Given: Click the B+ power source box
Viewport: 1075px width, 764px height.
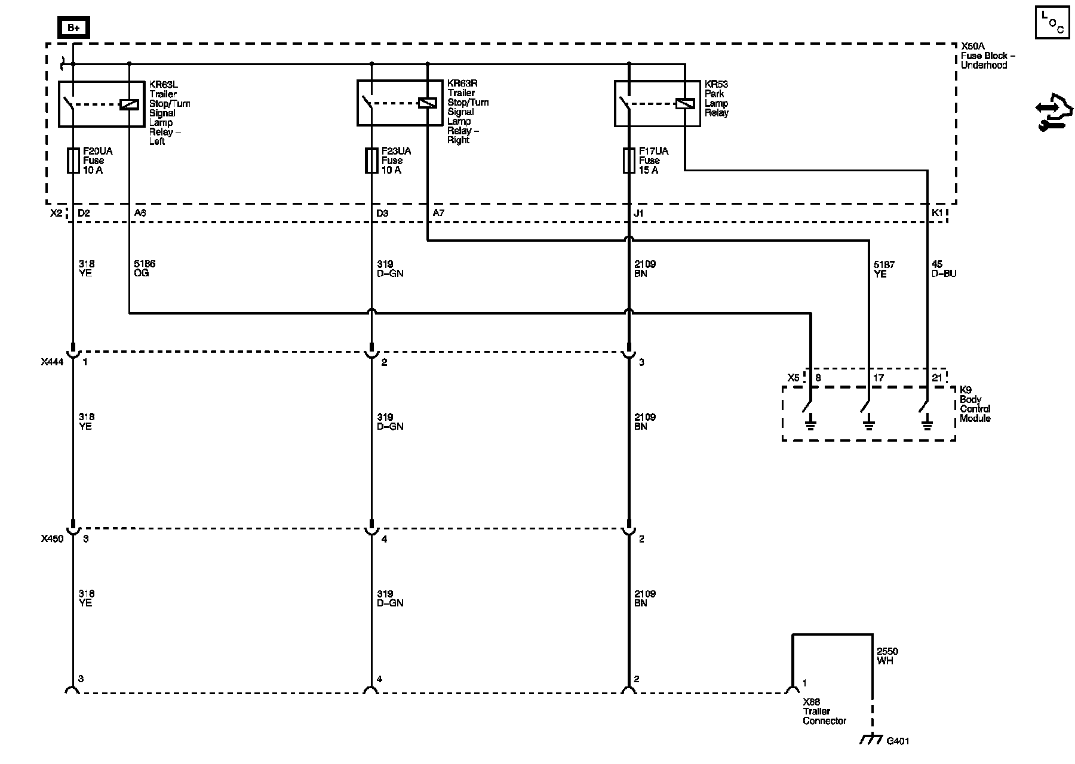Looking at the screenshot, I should coord(73,27).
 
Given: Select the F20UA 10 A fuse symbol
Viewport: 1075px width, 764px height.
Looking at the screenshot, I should coord(73,161).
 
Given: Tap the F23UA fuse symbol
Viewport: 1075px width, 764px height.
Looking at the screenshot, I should coord(371,161).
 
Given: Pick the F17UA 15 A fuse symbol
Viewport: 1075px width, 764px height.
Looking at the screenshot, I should coord(629,161).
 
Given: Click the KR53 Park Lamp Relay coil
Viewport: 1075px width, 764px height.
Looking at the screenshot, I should coord(684,103).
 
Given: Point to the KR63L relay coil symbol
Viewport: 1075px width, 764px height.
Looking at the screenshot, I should coord(129,104).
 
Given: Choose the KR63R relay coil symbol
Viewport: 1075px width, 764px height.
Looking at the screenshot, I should coord(427,103).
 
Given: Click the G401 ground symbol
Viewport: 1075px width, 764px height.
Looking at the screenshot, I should coord(871,740).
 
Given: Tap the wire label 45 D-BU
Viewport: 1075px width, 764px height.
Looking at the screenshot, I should coord(944,269).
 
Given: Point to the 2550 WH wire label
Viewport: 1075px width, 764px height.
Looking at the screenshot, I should coord(887,657).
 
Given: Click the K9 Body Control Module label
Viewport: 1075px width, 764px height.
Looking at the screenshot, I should coord(975,409).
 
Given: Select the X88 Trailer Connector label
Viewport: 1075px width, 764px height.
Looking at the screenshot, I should coord(824,711).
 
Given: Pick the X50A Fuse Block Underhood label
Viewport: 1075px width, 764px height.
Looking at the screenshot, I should coord(988,56).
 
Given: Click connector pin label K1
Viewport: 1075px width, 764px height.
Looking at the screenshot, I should coord(937,213).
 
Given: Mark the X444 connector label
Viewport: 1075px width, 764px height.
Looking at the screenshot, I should coord(52,362).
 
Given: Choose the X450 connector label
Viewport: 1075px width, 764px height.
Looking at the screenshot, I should coord(52,539).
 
